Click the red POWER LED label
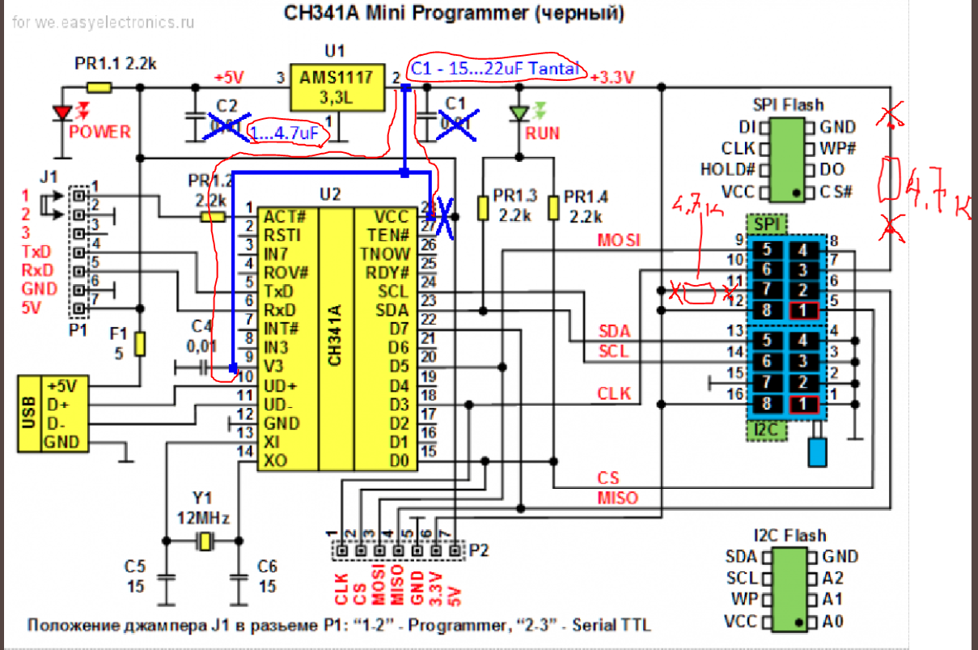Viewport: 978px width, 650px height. (x=99, y=133)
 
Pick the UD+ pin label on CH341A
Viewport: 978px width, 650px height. (x=281, y=385)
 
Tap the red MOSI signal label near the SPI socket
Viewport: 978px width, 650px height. (x=618, y=240)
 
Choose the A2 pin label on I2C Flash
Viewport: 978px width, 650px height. (x=833, y=578)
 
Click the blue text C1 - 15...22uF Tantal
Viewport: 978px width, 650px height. (x=495, y=70)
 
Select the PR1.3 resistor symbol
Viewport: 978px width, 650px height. (x=483, y=208)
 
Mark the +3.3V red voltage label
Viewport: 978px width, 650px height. (x=612, y=78)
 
